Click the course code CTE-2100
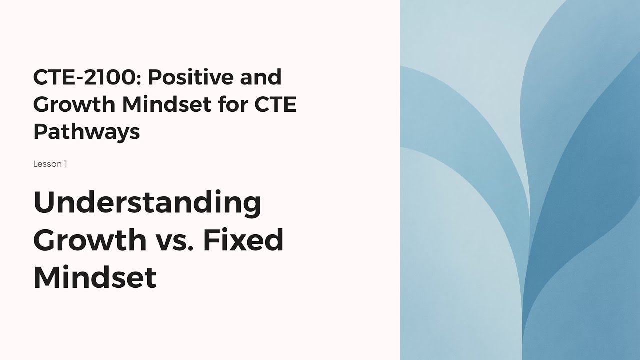(87, 78)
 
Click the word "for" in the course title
(224, 105)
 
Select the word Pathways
(86, 132)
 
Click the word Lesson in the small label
(47, 164)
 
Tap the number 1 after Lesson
(65, 164)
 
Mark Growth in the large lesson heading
(89, 240)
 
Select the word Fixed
(243, 240)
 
